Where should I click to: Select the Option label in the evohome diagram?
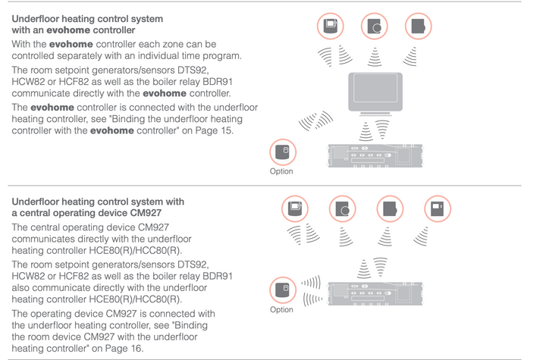[281, 172]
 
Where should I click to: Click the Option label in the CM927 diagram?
[281, 310]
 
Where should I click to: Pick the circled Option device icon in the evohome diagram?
[282, 152]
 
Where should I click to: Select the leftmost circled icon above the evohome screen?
[330, 27]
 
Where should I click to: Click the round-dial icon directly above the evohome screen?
[374, 27]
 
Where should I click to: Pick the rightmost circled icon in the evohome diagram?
[417, 27]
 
